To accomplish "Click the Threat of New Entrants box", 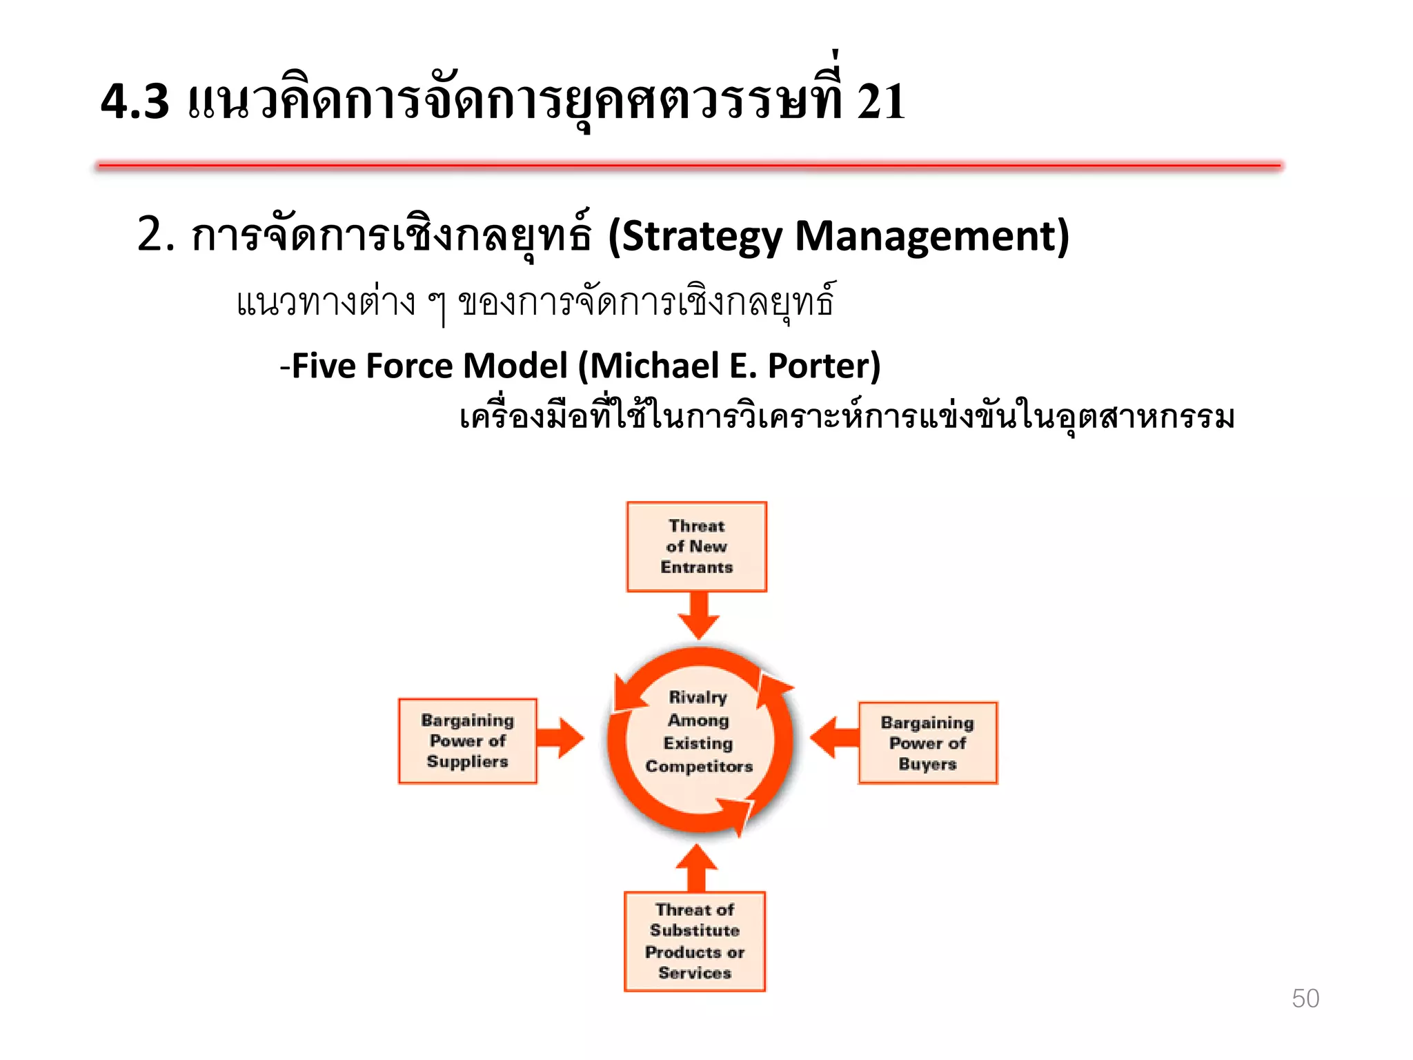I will pos(696,547).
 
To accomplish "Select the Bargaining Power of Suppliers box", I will pos(467,740).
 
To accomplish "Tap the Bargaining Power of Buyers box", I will pos(927,743).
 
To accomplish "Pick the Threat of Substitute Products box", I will pos(694,941).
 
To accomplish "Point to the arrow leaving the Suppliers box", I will pos(560,738).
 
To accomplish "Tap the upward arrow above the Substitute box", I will pos(697,867).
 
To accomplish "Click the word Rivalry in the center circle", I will pos(698,697).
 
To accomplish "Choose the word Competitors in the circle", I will pos(699,766).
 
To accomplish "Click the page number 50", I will pos(1305,999).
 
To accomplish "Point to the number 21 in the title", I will pos(880,101).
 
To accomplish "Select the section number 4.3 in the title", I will pos(135,101).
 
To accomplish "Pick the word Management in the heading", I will pos(931,236).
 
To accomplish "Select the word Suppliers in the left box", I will pos(467,762).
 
